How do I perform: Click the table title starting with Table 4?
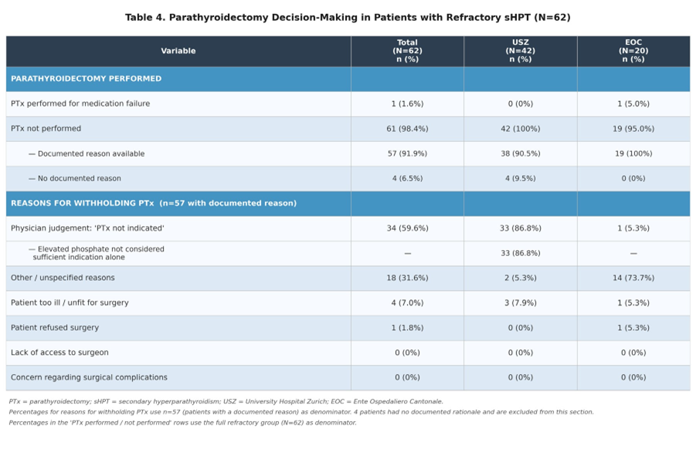pos(348,17)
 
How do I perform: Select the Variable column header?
pos(178,51)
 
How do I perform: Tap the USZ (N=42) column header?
pos(520,51)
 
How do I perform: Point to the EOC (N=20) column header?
pos(633,51)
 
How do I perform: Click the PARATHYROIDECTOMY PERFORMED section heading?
pos(86,79)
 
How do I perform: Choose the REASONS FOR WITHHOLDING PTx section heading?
pos(154,203)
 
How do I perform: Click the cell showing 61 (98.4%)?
pos(407,129)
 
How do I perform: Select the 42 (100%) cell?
pos(520,129)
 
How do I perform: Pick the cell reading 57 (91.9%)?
pos(407,154)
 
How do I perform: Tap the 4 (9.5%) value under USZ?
pos(520,178)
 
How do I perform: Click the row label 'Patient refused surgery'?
pos(55,328)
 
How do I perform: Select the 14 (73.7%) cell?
pos(633,278)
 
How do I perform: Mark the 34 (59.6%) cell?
pos(407,228)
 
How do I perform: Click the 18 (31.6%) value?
pos(407,278)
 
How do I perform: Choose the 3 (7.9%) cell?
pos(520,303)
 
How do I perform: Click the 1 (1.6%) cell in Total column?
pos(407,104)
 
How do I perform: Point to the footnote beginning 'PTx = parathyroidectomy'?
pos(226,401)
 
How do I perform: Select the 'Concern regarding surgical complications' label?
pos(89,377)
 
